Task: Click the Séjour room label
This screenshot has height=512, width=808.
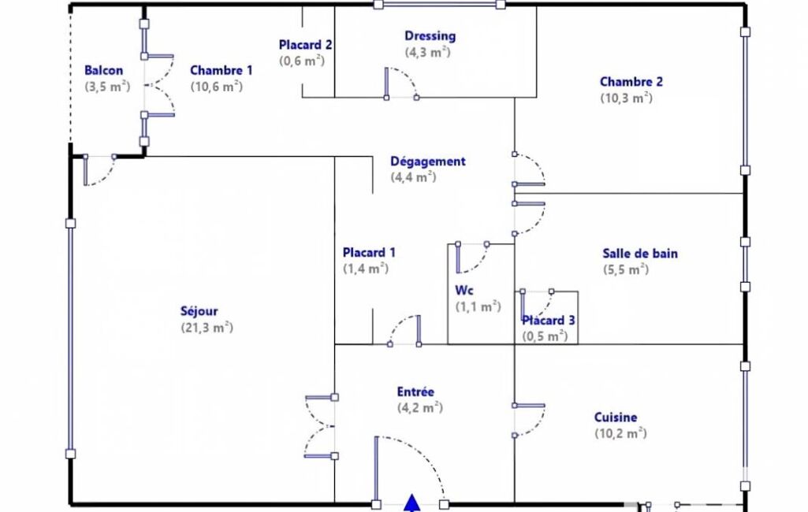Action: point(199,312)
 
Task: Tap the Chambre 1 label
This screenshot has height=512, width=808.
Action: point(221,70)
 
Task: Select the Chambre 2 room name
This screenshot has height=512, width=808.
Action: point(631,81)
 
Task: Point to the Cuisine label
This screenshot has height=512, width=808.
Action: point(616,417)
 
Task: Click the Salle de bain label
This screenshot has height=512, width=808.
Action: point(640,254)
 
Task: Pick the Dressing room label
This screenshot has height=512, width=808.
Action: point(430,36)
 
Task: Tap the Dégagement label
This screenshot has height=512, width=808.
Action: point(428,161)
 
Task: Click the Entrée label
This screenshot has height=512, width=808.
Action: point(415,392)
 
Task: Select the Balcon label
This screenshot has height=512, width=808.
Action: point(103,70)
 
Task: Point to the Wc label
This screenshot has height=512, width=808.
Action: point(464,291)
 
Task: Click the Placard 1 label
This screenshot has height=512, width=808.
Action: point(369,253)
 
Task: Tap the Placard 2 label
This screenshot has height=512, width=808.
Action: point(305,46)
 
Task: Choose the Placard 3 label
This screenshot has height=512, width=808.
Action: point(549,321)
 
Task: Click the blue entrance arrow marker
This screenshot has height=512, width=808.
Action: point(411,503)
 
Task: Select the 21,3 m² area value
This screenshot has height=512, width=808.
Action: point(207,328)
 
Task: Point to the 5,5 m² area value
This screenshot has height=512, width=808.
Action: point(626,269)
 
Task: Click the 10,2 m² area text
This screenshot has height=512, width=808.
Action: point(620,433)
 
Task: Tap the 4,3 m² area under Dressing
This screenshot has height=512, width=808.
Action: point(428,53)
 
